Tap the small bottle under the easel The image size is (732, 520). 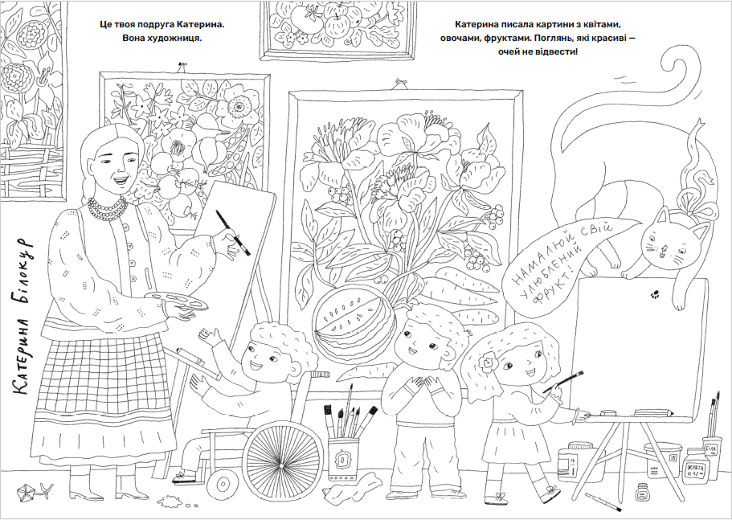tap(643, 493)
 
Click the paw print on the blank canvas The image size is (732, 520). tap(656, 294)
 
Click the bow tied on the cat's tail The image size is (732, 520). tap(697, 196)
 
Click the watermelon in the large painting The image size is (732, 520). tap(354, 324)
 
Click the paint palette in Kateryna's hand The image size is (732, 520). tap(175, 301)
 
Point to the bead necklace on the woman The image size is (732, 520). tap(108, 208)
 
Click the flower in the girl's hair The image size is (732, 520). tap(489, 360)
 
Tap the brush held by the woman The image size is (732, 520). tap(233, 232)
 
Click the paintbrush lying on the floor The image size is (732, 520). tap(603, 502)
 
